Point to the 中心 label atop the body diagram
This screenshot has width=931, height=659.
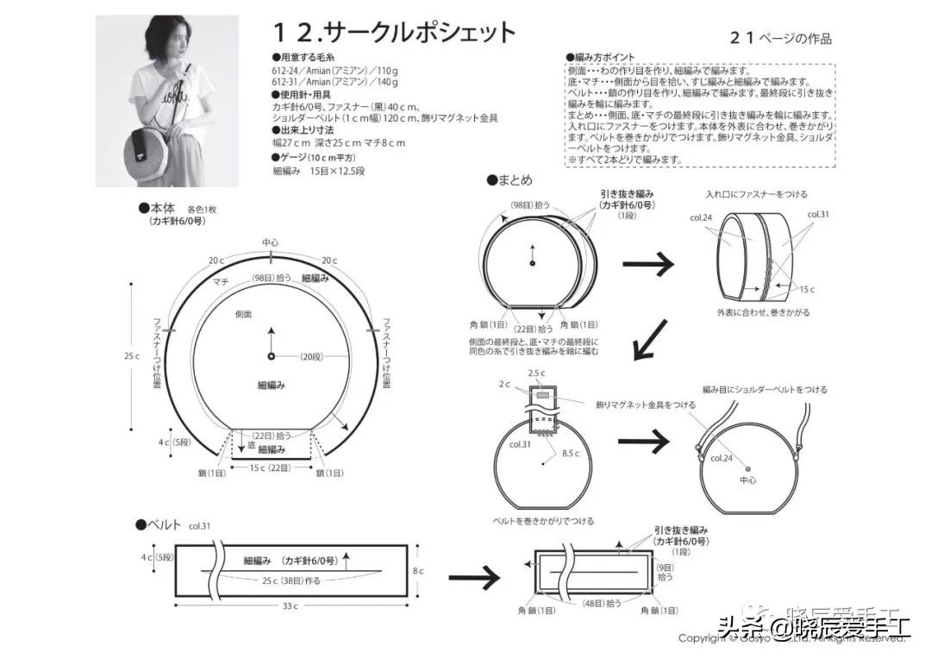270,242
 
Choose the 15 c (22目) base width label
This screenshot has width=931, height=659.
272,468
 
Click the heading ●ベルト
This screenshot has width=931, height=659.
159,524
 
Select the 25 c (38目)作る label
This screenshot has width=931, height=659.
291,581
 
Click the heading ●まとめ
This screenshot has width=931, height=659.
509,180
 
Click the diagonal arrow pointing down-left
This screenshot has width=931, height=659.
651,339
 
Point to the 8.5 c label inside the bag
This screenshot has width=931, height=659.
570,452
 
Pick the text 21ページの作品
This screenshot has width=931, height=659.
781,38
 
